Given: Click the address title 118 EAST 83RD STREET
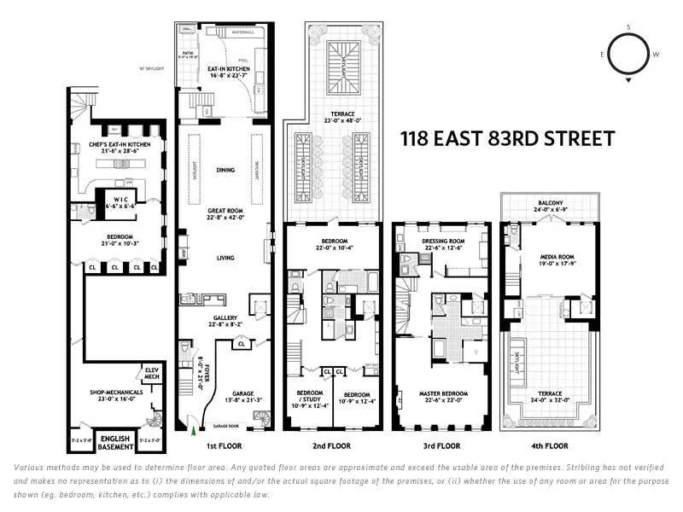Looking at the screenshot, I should click(507, 139).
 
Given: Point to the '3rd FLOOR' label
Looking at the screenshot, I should click(441, 445).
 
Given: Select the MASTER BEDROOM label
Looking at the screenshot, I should click(441, 394).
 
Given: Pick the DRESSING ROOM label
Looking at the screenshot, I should click(441, 241).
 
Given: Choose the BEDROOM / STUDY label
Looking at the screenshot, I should click(309, 396).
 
